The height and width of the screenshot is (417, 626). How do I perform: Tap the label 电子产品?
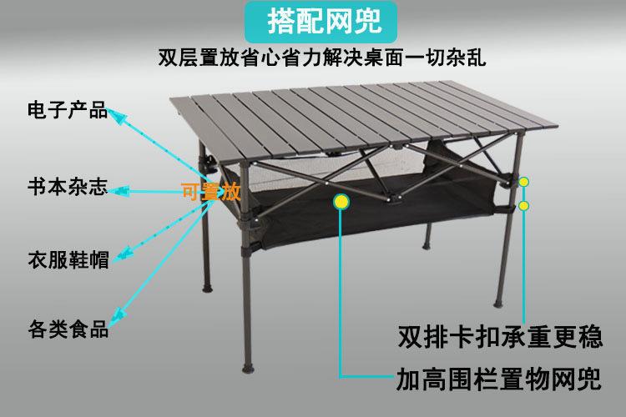(x=68, y=109)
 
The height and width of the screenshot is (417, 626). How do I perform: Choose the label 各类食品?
(x=68, y=328)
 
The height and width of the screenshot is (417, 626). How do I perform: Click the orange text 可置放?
(x=211, y=193)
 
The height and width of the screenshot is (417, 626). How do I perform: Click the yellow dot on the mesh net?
(x=342, y=201)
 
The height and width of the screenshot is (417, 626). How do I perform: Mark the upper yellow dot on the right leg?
(x=524, y=182)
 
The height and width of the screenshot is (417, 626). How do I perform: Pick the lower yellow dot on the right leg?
(x=524, y=205)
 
